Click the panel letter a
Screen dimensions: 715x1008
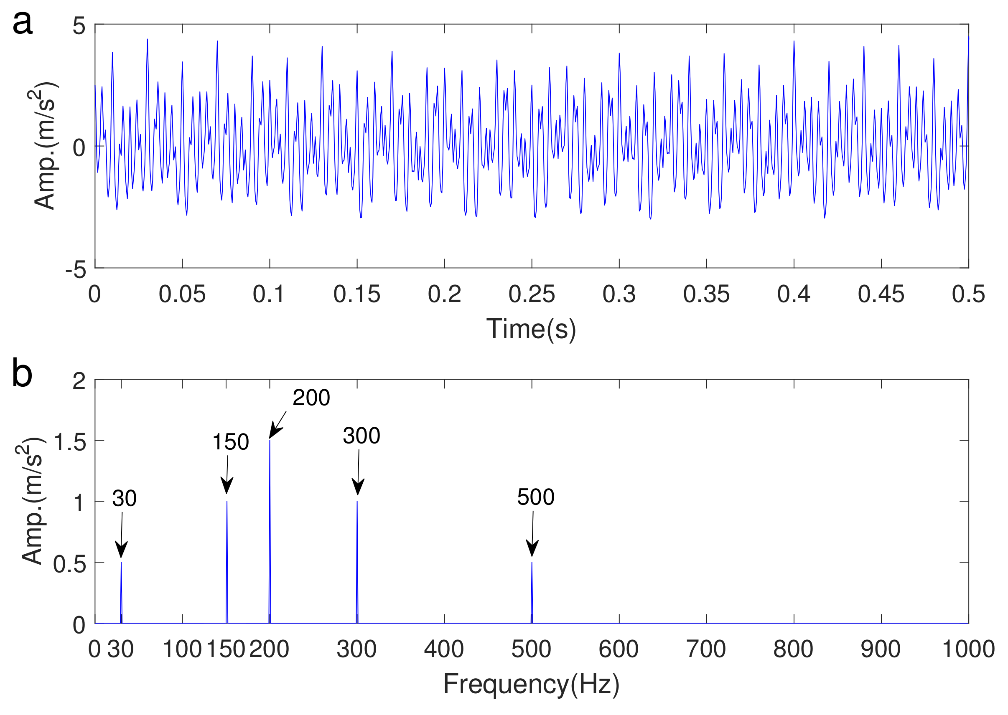[x=23, y=23]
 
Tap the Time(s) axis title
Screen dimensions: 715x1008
[x=531, y=329]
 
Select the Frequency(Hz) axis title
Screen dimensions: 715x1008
[x=531, y=684]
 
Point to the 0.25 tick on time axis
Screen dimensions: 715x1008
[x=531, y=294]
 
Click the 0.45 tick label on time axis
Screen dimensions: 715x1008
[x=881, y=294]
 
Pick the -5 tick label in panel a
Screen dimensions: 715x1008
[x=76, y=269]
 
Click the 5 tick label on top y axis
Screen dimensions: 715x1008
[x=79, y=26]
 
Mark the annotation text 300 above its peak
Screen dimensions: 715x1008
[x=361, y=436]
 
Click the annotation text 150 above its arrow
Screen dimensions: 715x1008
[x=230, y=442]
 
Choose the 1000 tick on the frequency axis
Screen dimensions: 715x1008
[x=968, y=649]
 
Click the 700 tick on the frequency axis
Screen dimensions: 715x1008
[x=706, y=649]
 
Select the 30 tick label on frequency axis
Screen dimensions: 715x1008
[x=120, y=649]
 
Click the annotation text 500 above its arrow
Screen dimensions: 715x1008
[x=535, y=497]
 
